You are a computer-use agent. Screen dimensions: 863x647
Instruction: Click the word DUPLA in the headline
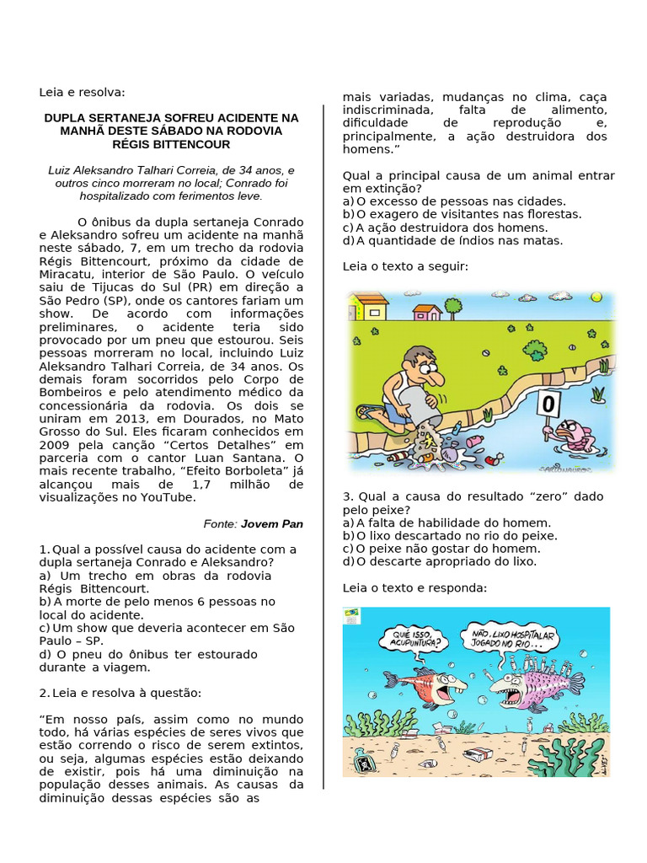[66, 118]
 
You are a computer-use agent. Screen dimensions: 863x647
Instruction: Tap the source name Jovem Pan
[272, 523]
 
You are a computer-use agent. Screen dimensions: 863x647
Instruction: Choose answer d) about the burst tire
[147, 661]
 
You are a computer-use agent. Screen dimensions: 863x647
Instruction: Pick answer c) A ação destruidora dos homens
[445, 228]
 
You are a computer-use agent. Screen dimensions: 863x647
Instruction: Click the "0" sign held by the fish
[548, 405]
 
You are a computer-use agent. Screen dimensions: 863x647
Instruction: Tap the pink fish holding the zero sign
[575, 436]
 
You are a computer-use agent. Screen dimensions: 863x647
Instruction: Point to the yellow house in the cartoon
[368, 306]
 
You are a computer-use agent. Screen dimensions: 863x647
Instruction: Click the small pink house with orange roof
[427, 312]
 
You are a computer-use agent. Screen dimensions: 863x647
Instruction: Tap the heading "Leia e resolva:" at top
[82, 92]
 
